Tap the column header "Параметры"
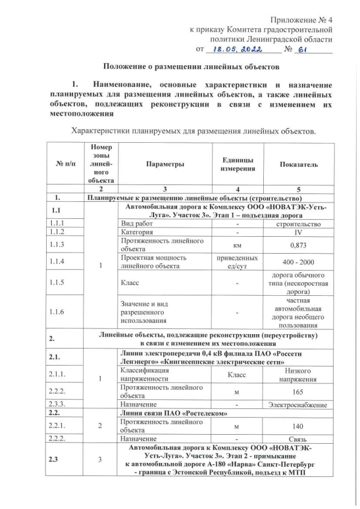coord(165,164)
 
